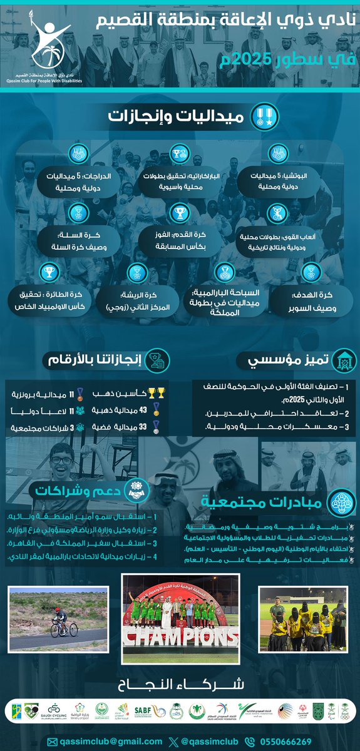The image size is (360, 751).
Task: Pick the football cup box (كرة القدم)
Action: coord(180,242)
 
